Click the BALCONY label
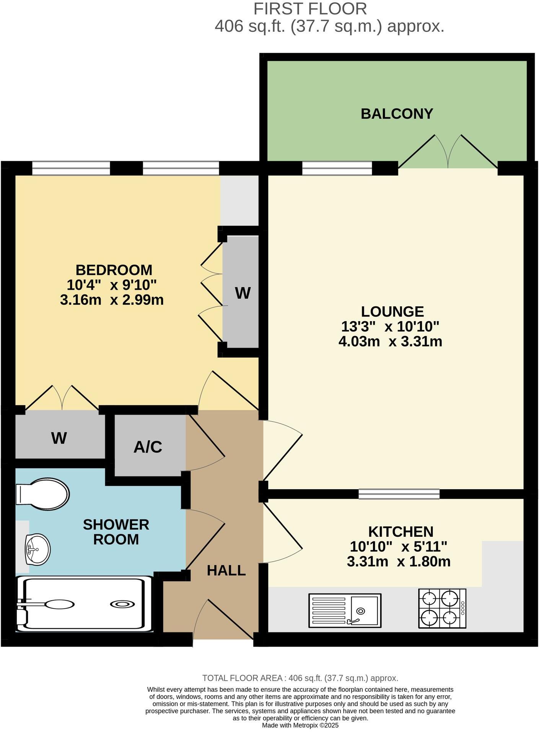[397, 114]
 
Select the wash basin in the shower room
[37, 549]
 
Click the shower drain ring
[122, 605]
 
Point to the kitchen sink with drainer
[345, 611]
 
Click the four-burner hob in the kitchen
[442, 608]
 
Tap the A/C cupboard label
[148, 447]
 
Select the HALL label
[226, 571]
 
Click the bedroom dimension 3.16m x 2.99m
[112, 300]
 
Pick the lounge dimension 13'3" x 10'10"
[390, 327]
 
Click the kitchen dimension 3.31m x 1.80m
[398, 562]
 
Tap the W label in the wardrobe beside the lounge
[243, 293]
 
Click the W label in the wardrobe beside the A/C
[59, 438]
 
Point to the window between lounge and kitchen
[399, 494]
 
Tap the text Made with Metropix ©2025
[300, 725]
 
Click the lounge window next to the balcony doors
[337, 168]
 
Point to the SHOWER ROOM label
[116, 532]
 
